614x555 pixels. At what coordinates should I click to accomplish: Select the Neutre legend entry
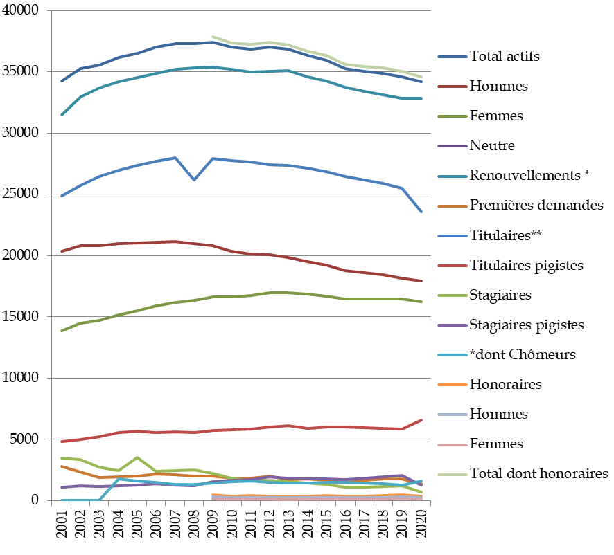(x=492, y=146)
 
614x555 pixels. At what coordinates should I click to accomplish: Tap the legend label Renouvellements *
(x=529, y=176)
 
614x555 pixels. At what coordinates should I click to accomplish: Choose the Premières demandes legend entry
(x=536, y=206)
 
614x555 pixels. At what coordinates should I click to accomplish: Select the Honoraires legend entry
(x=506, y=384)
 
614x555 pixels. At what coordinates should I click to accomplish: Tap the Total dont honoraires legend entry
(x=539, y=473)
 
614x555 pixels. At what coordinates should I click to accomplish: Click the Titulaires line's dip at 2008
(x=194, y=180)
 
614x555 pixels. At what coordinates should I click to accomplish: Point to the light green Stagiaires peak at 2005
(x=137, y=457)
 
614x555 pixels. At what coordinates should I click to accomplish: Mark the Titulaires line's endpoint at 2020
(x=421, y=212)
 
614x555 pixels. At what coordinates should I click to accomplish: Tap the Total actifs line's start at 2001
(x=62, y=81)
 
